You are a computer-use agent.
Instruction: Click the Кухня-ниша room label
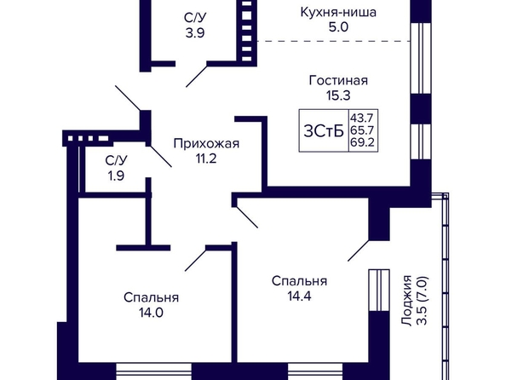pos(338,12)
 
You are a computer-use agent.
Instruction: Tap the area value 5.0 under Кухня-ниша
pos(338,27)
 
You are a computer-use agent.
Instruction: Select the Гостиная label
pos(338,80)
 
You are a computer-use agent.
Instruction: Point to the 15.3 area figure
pos(338,95)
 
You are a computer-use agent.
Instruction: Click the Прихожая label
pos(206,143)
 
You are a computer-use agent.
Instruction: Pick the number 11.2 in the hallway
pos(206,158)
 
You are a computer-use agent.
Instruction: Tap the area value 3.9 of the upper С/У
pos(195,33)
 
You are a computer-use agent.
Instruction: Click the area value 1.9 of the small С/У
pos(116,176)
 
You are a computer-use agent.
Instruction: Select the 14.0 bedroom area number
pos(151,313)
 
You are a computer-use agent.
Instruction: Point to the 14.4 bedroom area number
pos(300,296)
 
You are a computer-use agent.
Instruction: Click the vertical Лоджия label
pos(407,301)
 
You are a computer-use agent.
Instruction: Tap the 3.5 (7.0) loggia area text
pos(423,301)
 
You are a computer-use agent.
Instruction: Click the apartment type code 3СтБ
pos(324,131)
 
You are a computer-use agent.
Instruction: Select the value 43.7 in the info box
pos(362,117)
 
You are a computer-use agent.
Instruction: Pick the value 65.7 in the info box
pos(362,130)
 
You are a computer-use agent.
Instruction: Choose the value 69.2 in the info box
pos(362,142)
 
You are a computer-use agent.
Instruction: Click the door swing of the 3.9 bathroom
pos(196,76)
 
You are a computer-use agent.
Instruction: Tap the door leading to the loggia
pos(358,250)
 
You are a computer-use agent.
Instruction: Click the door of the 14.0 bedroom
pos(196,260)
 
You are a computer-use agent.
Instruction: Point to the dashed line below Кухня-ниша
pos(334,42)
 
